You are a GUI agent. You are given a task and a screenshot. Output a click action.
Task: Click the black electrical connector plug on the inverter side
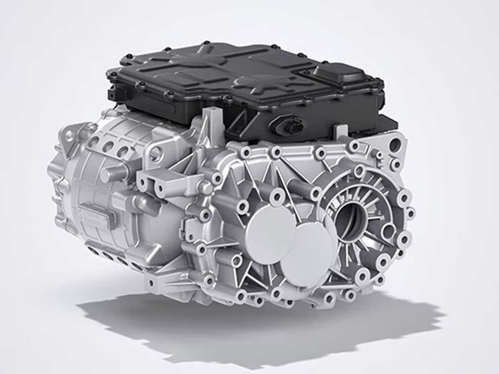point(291,125)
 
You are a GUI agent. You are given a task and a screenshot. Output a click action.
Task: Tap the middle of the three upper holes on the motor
point(109,147)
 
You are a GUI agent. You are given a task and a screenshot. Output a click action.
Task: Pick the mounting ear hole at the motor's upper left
point(68,135)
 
